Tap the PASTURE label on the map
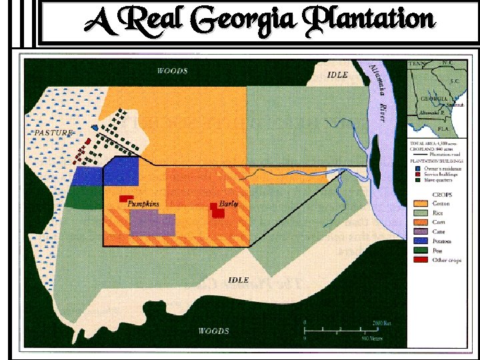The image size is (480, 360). click(x=53, y=133)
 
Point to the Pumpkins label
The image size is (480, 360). click(x=143, y=203)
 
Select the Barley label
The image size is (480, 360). click(x=229, y=203)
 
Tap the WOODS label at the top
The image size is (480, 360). click(x=172, y=71)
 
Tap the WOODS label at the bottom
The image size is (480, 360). click(x=213, y=331)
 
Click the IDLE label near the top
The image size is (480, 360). click(x=337, y=75)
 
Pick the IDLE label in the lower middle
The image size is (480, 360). click(x=238, y=279)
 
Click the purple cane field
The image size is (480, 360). click(x=152, y=224)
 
